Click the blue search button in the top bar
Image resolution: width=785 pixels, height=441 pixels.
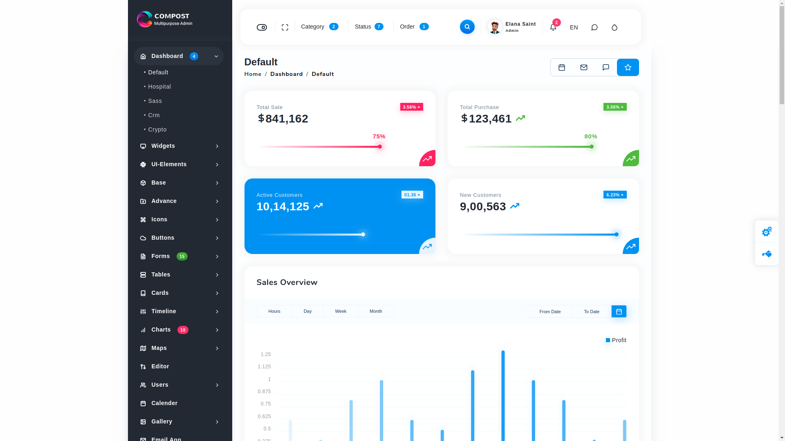point(467,27)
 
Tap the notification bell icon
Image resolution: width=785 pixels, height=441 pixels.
point(553,27)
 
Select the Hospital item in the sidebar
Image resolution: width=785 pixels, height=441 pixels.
point(159,87)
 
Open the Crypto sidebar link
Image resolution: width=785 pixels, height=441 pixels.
point(157,129)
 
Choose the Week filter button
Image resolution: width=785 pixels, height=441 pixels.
point(341,311)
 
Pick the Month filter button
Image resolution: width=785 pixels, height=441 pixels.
point(376,311)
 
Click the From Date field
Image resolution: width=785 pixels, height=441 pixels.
point(550,312)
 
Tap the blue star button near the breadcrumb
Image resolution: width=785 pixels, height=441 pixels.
point(628,67)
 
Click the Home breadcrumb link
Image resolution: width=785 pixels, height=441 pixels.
point(253,74)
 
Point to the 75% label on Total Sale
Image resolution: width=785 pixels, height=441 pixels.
point(379,136)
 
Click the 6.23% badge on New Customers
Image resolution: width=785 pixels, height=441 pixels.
point(615,195)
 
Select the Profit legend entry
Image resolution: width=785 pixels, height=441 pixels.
point(616,340)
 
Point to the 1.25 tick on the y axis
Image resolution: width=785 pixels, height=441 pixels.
point(266,354)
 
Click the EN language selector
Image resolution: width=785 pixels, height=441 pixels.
point(574,27)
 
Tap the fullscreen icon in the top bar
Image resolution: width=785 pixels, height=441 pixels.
point(285,27)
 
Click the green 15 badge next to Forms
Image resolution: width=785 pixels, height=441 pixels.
point(182,256)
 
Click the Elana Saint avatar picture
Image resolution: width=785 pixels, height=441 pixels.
point(495,27)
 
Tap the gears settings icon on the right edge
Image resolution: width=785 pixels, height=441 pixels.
point(767,232)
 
